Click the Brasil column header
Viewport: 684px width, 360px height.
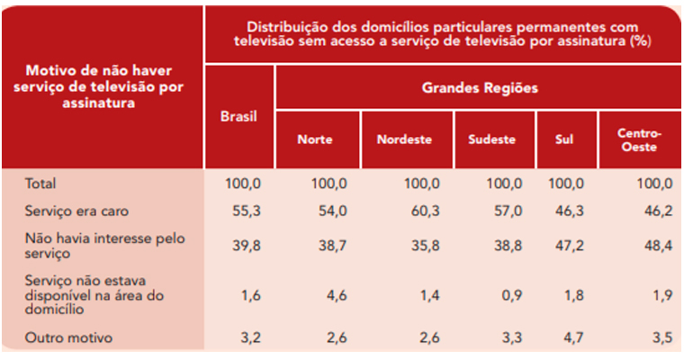(x=238, y=117)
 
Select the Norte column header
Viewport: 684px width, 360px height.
(x=315, y=139)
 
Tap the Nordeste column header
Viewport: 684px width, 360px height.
(x=404, y=139)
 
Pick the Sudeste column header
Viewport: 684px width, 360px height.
(x=491, y=139)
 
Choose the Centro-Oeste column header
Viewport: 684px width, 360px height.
(x=640, y=139)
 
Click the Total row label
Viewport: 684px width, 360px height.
(x=40, y=184)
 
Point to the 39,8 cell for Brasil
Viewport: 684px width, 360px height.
(x=244, y=243)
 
